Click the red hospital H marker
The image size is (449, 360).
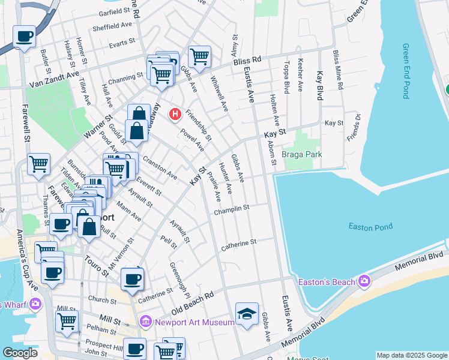175,113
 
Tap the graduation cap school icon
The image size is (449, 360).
246,314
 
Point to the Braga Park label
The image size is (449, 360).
302,154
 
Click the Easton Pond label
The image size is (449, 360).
370,226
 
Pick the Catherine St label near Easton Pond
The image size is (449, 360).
238,243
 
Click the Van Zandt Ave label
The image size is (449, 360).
53,76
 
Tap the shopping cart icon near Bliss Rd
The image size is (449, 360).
199,57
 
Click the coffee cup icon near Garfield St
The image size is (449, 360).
24,37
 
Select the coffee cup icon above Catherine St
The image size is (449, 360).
132,278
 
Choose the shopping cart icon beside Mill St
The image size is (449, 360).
67,320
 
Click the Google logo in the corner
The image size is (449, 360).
20,353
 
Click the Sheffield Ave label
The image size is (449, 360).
112,27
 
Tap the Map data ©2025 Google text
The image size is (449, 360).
412,355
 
